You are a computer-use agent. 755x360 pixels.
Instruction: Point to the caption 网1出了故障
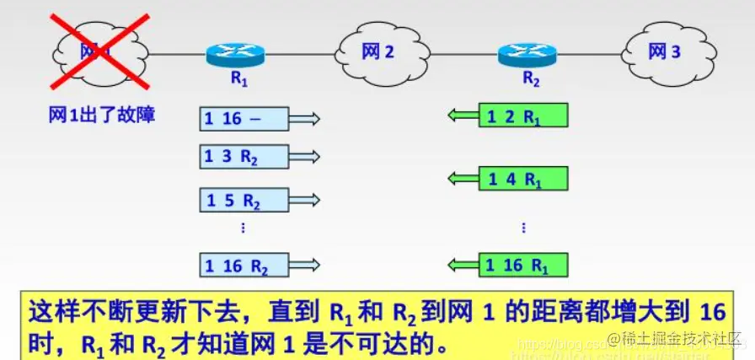101,116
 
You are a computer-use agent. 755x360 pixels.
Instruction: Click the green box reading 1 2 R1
522,116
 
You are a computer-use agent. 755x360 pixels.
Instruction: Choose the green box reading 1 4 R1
522,178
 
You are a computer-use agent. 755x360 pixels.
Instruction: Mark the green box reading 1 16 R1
522,266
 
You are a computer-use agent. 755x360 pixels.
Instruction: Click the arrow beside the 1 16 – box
305,119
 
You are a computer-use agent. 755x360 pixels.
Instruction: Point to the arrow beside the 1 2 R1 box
462,116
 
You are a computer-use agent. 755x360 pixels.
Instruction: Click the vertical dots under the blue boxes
243,228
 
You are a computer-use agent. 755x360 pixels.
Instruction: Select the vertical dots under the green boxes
523,228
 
